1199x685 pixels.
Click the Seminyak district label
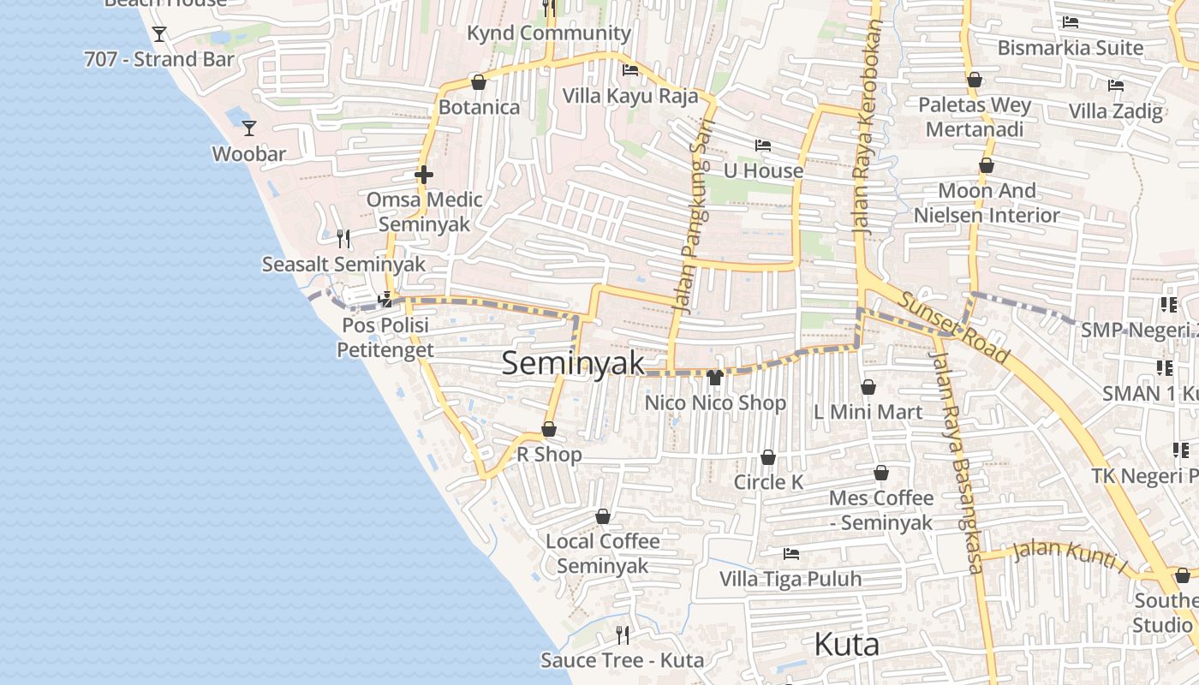coord(573,363)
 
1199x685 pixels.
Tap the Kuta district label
coord(846,644)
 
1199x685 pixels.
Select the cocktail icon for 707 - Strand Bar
coord(158,34)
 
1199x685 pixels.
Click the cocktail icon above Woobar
coord(249,128)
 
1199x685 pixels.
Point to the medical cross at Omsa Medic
coord(423,175)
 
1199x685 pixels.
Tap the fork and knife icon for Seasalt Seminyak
coord(343,238)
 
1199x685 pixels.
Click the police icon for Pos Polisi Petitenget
coord(385,300)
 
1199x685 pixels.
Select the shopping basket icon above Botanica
coord(479,82)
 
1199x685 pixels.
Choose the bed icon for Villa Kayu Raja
coord(630,70)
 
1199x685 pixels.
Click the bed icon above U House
coord(762,146)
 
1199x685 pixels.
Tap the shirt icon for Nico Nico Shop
coord(715,377)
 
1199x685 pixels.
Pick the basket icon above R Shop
coord(549,429)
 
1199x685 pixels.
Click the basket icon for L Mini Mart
coord(868,387)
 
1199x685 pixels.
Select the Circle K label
coord(768,482)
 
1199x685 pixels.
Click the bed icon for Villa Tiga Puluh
coord(790,554)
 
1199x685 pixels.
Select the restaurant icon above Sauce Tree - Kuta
coord(623,634)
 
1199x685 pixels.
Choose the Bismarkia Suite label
coord(1070,48)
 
